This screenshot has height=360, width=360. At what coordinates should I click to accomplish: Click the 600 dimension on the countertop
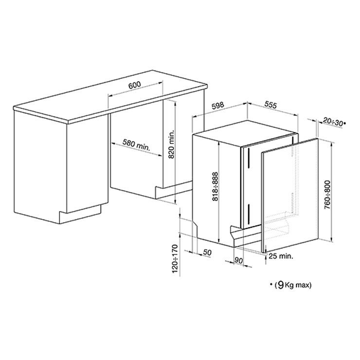pos(135,85)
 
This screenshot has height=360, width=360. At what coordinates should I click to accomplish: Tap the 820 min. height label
pos(172,144)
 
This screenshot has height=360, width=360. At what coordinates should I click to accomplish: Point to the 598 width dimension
pos(217,106)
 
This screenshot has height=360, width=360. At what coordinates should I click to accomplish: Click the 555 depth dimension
pos(270,105)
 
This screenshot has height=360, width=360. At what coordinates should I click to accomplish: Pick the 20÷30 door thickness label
pos(333,122)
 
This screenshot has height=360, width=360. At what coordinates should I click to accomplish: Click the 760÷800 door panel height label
pos(327,195)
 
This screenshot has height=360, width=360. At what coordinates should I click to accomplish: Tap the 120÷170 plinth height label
pos(175,259)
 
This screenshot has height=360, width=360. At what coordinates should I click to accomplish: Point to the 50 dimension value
pos(207,252)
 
